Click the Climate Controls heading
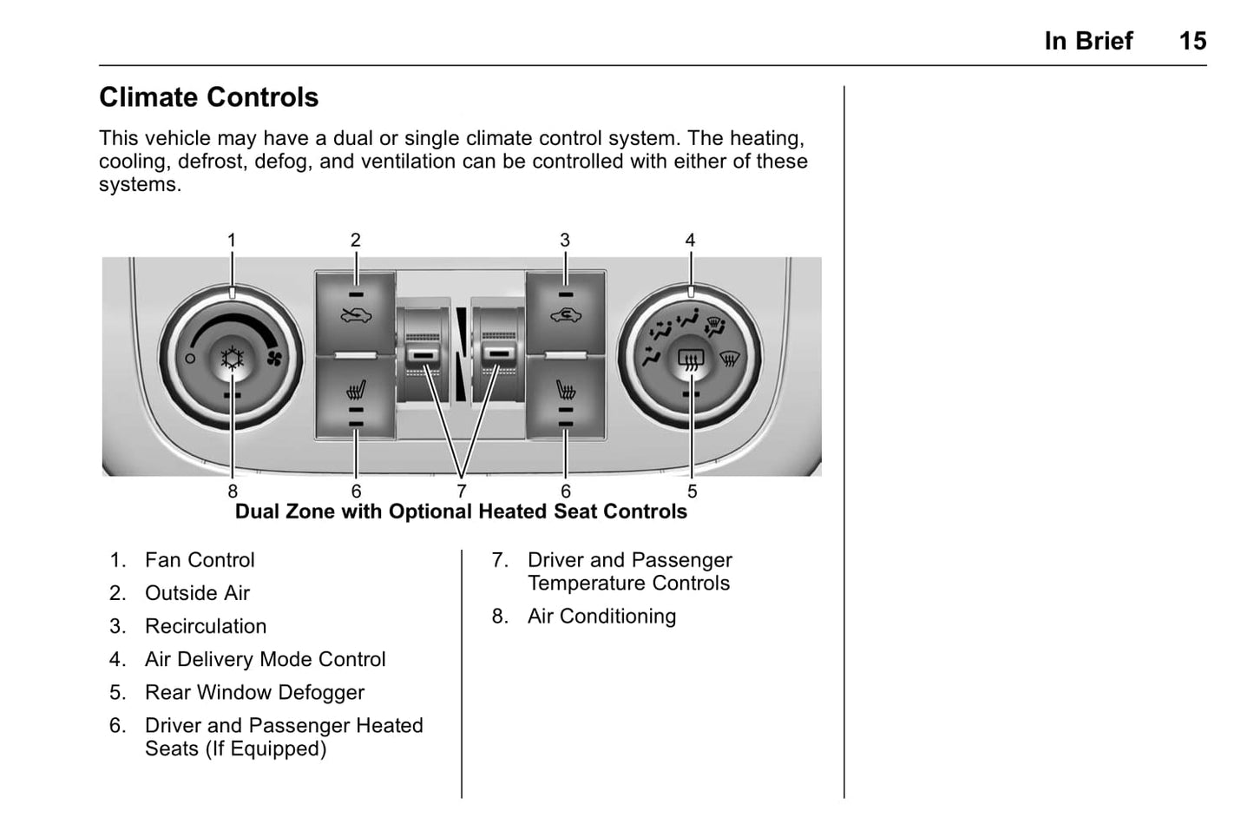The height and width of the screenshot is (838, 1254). coord(208,97)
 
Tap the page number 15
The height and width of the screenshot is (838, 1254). coord(1192,41)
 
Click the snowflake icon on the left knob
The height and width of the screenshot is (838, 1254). coord(232,358)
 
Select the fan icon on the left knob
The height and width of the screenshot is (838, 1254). coord(274,359)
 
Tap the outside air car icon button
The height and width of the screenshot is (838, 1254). coord(355,315)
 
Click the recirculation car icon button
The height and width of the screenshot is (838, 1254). coord(565,315)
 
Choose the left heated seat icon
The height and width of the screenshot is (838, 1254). coord(355,388)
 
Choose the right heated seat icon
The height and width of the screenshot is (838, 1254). coord(565,388)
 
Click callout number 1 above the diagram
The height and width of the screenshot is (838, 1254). coord(232,240)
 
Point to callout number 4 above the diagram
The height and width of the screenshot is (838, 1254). coord(690,240)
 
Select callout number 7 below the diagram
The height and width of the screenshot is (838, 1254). coord(461,492)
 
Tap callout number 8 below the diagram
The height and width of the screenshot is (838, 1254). coord(232,492)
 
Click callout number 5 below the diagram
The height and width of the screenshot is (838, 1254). coord(692,492)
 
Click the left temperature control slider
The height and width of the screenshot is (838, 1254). coord(423,354)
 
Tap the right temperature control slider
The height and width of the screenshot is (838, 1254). coord(497,354)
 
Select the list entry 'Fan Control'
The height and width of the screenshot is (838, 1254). coord(200,560)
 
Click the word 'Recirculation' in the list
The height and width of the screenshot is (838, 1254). coord(206,626)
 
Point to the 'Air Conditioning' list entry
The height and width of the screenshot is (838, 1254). coord(601,617)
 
